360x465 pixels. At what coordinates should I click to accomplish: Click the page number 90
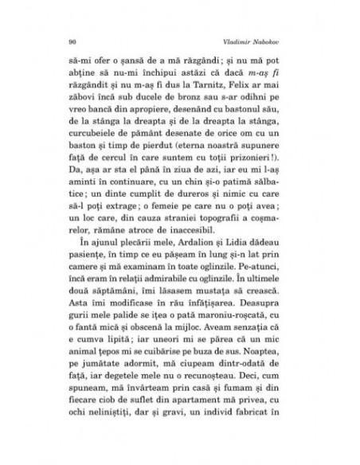pyautogui.click(x=72, y=39)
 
